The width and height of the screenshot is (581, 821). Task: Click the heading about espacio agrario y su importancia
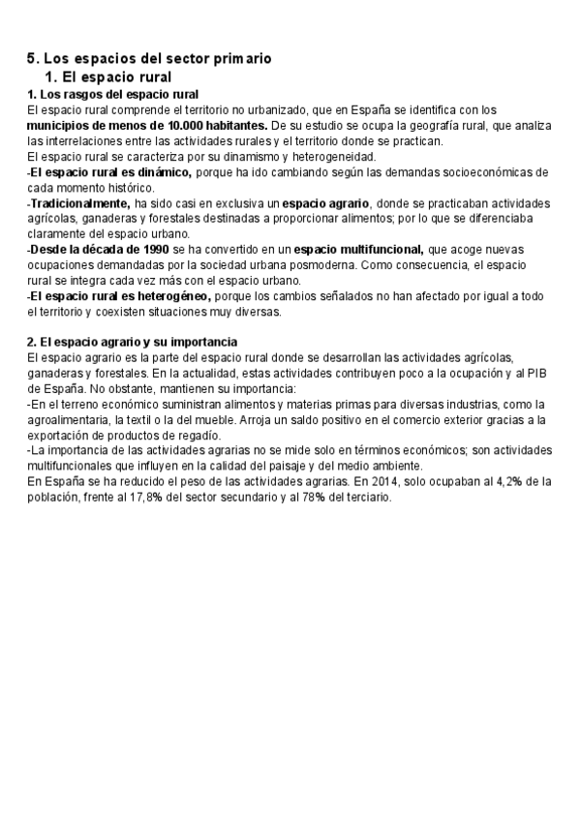[x=132, y=343]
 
